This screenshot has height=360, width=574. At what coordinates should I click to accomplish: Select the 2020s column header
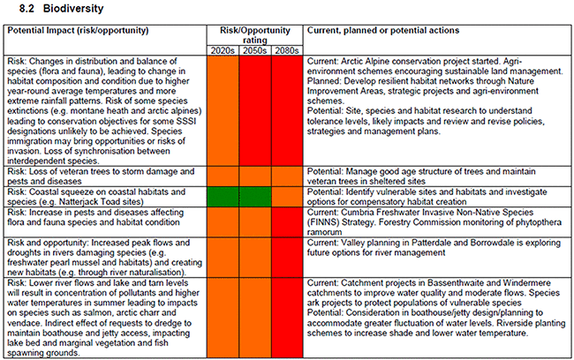(x=223, y=49)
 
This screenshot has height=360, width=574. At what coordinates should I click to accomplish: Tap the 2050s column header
(x=256, y=49)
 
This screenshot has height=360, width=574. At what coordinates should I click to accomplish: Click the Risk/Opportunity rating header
(x=255, y=34)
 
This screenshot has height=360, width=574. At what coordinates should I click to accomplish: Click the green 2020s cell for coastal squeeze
(x=223, y=196)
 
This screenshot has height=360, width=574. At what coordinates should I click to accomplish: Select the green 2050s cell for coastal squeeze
(x=256, y=196)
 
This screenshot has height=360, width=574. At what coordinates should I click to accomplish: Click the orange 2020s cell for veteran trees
(x=223, y=175)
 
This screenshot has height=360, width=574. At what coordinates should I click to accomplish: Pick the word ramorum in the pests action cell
(x=326, y=229)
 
